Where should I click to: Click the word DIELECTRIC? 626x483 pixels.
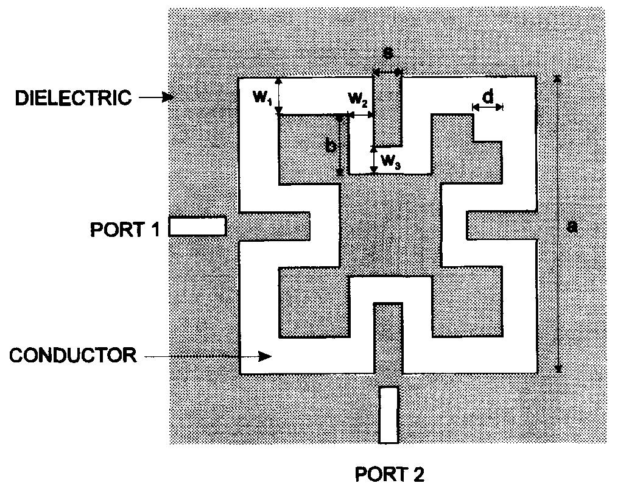pos(73,98)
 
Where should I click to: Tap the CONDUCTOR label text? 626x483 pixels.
pos(73,355)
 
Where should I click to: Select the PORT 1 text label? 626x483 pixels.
pos(125,230)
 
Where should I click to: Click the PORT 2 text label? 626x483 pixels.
pos(390,474)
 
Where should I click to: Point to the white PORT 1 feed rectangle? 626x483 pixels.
pos(197,227)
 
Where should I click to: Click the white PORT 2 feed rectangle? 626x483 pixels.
pos(389,415)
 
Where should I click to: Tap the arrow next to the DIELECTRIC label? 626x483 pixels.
pos(156,97)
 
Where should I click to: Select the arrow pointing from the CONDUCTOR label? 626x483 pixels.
pos(208,356)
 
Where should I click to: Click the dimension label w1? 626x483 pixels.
pos(262,96)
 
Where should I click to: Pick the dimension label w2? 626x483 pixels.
pos(357,99)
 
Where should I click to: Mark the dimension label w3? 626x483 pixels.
pos(391,161)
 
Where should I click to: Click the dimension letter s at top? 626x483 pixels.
pos(387,53)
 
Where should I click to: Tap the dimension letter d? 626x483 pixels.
pos(488,96)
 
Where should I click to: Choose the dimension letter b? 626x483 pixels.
pos(331,146)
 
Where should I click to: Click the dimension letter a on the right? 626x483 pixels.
pos(572,227)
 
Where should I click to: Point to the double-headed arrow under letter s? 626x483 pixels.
pos(387,72)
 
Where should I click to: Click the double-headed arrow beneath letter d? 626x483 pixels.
pos(488,107)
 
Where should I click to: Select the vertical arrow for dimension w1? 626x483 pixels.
pos(279,96)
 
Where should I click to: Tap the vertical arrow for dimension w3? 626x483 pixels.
pos(374,160)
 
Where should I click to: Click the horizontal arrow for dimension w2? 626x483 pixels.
pos(361,115)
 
